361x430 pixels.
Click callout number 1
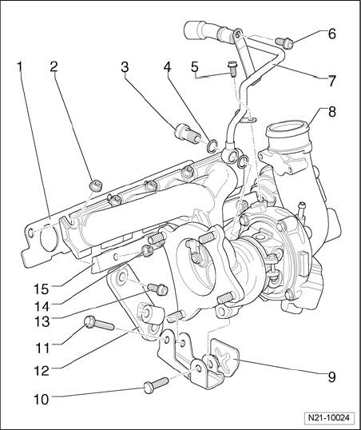pyautogui.click(x=19, y=67)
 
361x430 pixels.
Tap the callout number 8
pyautogui.click(x=331, y=112)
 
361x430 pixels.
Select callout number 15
pyautogui.click(x=41, y=289)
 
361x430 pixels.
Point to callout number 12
pyautogui.click(x=42, y=371)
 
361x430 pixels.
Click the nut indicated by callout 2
pyautogui.click(x=96, y=185)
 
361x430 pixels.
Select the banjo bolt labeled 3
pyautogui.click(x=187, y=133)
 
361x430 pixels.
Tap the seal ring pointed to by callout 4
pyautogui.click(x=212, y=145)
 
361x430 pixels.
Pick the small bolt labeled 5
pyautogui.click(x=232, y=70)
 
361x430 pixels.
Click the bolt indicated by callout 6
pyautogui.click(x=284, y=42)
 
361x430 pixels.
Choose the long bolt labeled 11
pyautogui.click(x=99, y=324)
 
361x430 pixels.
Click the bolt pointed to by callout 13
pyautogui.click(x=157, y=289)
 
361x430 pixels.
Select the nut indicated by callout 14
pyautogui.click(x=148, y=250)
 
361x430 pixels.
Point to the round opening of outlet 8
pyautogui.click(x=288, y=130)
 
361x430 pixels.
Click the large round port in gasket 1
pyautogui.click(x=49, y=237)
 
